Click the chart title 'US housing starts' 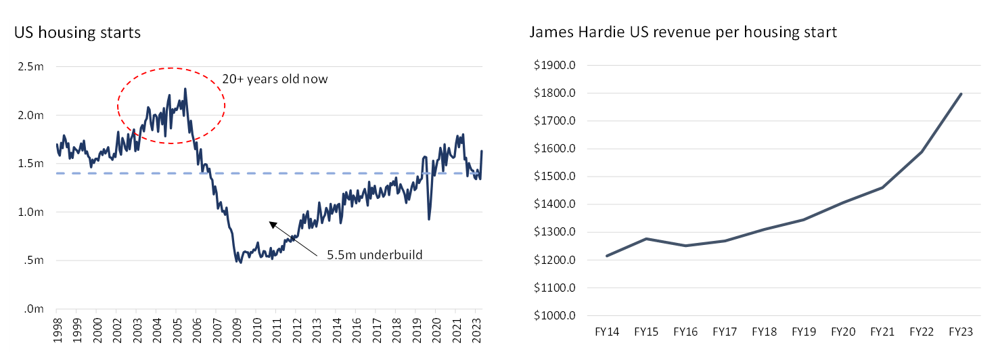[x=78, y=32]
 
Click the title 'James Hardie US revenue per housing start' [x=683, y=32]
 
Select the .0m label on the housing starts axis [x=35, y=309]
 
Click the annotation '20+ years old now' [x=275, y=79]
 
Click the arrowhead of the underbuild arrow [x=271, y=223]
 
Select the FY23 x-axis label [x=961, y=332]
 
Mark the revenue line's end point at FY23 [x=961, y=94]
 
